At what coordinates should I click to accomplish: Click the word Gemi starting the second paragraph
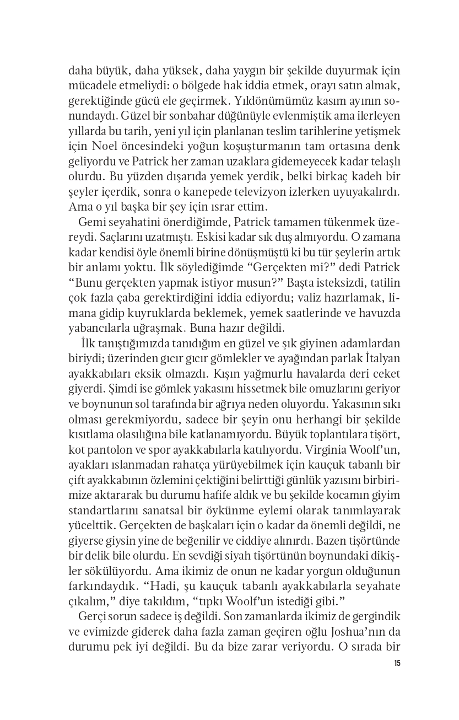point(91,222)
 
